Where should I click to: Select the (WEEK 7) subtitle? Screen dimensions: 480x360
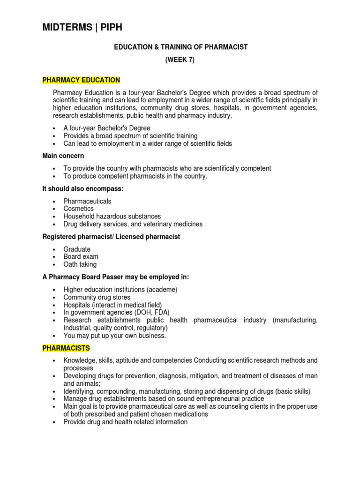(180, 60)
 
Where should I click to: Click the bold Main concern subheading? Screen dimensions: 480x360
(63, 156)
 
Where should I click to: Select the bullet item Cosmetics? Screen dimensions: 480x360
(79, 209)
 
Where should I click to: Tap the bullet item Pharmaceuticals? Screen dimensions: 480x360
(88, 201)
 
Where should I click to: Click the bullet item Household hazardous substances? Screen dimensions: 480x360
(112, 216)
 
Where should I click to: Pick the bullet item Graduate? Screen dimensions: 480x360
(77, 249)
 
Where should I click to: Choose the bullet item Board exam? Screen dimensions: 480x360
(81, 257)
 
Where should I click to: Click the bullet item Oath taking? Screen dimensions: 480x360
(80, 264)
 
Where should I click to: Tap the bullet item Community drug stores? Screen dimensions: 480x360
(97, 297)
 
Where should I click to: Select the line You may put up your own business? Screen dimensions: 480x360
(115, 336)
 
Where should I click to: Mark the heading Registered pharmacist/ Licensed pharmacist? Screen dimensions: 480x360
(111, 237)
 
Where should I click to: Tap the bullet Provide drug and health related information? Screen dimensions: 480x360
(126, 422)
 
